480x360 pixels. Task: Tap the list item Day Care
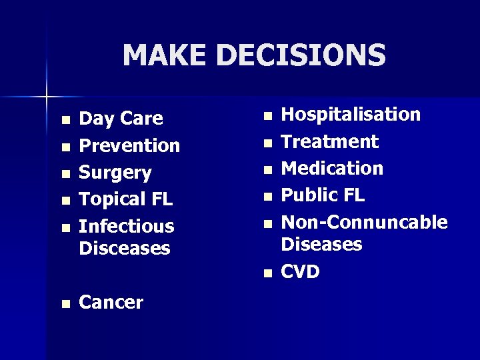click(x=121, y=119)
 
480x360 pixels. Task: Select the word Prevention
click(x=129, y=145)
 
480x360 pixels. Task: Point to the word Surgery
click(x=115, y=173)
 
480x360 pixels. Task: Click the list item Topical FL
click(x=125, y=199)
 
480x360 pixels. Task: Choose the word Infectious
click(x=126, y=226)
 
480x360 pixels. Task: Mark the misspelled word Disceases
click(x=125, y=248)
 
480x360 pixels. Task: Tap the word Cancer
click(x=111, y=302)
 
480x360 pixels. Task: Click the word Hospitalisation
click(x=351, y=115)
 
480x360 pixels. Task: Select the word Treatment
click(x=329, y=141)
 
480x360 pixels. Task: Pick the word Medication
click(x=332, y=168)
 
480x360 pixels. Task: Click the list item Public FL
click(x=323, y=195)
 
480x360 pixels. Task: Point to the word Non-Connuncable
click(x=364, y=222)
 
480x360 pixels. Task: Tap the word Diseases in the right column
click(x=321, y=244)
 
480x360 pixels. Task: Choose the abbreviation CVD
click(x=300, y=271)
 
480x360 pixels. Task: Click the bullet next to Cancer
click(x=65, y=303)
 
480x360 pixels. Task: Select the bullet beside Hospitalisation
click(x=267, y=116)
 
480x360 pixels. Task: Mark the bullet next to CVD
click(x=267, y=273)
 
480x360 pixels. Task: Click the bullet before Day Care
click(x=65, y=120)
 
